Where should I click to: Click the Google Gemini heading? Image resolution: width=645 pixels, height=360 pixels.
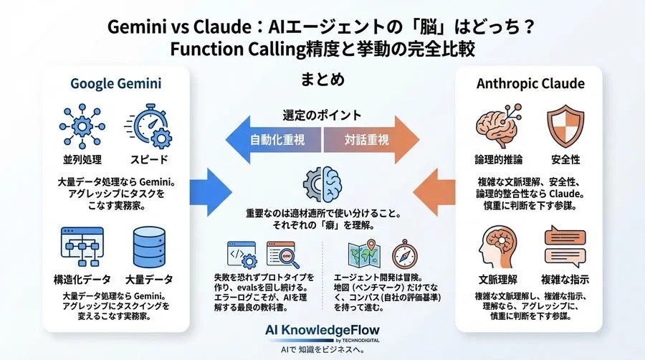[x=115, y=84]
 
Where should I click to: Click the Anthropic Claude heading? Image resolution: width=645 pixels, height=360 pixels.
[x=530, y=84]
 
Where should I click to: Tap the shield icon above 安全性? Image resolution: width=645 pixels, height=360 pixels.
[x=564, y=125]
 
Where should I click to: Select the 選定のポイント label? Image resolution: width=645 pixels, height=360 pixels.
[x=322, y=115]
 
